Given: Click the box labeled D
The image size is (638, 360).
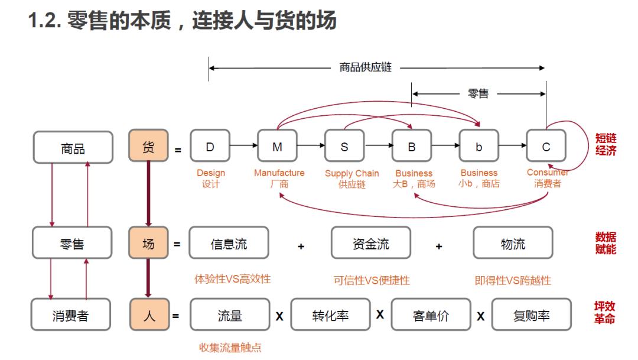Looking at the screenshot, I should point(210,147).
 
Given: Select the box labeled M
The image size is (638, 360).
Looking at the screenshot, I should point(277,147).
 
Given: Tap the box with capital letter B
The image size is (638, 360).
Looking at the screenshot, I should point(412,147).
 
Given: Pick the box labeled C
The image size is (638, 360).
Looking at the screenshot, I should point(546,147).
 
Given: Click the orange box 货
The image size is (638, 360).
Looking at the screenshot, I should point(148,147).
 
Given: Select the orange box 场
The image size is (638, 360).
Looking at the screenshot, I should point(148,243).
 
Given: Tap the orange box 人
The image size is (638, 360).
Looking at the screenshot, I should point(149,315).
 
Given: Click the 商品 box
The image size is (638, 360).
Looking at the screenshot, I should point(73,148).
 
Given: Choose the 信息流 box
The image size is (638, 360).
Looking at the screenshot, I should point(229,243).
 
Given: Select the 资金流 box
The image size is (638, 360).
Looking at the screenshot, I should point(370,243).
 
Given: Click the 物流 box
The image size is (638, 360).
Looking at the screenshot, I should point(512,243).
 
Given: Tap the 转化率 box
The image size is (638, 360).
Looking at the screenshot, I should point(330,315).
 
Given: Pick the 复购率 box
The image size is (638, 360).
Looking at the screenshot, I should point(531,315).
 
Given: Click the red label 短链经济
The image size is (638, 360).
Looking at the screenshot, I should point(606,144).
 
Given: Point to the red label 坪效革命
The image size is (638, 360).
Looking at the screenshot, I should point(605,313).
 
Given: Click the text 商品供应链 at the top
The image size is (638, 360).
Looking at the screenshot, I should point(365,67).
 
